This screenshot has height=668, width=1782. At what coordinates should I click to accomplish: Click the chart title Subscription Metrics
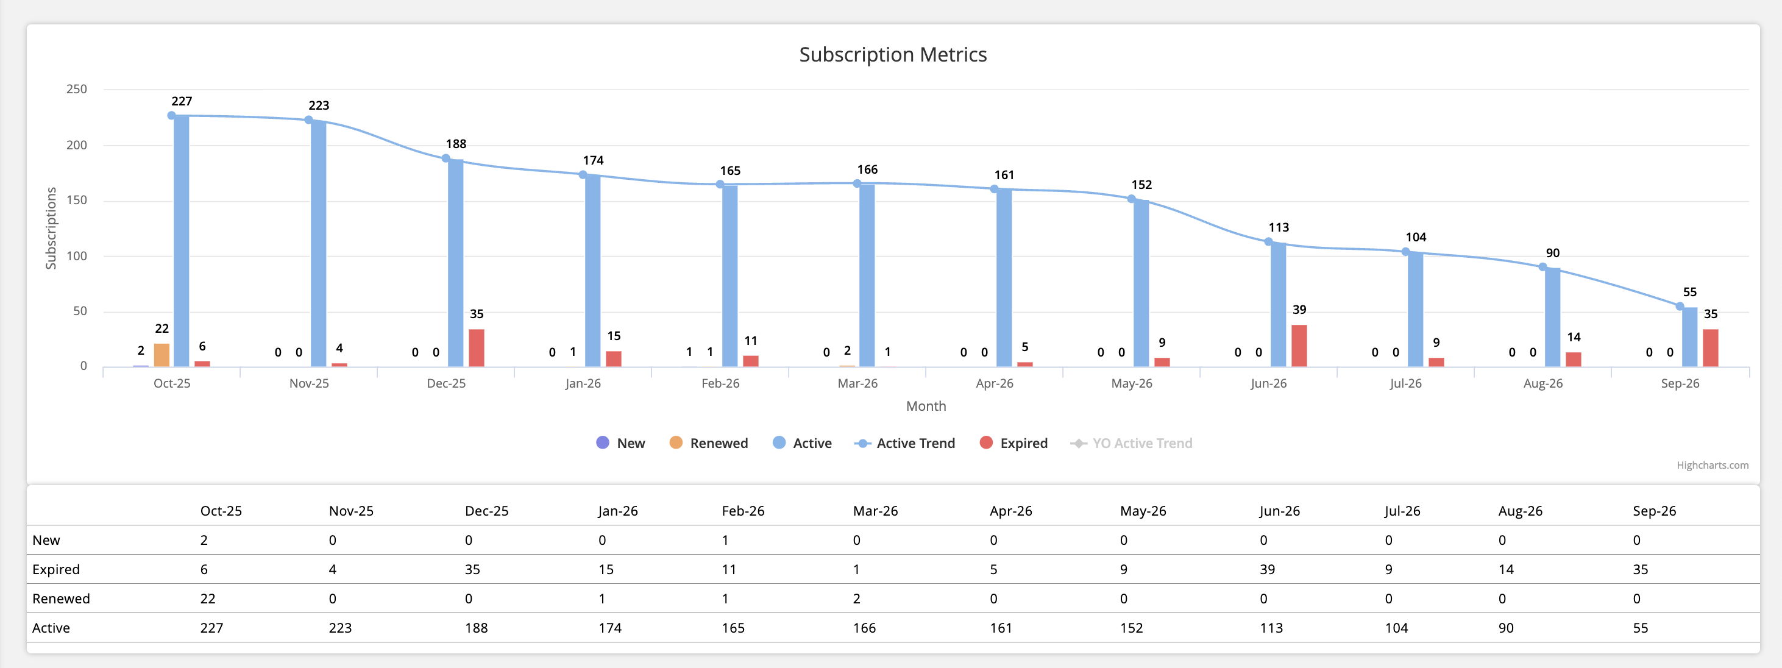click(892, 55)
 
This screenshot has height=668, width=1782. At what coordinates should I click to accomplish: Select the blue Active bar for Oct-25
click(181, 242)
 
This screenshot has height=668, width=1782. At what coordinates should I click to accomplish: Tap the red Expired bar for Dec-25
click(476, 348)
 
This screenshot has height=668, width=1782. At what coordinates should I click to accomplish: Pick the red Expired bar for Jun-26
click(1299, 346)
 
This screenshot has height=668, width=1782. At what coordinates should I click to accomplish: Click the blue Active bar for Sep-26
click(1689, 338)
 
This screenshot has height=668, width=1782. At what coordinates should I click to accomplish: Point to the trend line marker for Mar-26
click(857, 184)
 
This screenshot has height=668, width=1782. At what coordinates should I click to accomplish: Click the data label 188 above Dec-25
click(456, 144)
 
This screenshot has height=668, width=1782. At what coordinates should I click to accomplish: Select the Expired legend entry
click(1013, 443)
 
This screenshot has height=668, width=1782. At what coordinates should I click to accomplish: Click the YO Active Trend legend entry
click(1132, 443)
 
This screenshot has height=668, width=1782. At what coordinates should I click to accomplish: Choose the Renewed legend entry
click(709, 443)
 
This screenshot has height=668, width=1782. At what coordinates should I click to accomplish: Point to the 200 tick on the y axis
click(77, 145)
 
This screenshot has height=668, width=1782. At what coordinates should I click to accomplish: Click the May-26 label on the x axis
click(1131, 384)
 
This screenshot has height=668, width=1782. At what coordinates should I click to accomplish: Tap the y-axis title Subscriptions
click(51, 228)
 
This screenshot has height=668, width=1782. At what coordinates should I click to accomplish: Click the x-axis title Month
click(926, 407)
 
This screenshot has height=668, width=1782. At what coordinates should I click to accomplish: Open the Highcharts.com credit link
click(1711, 466)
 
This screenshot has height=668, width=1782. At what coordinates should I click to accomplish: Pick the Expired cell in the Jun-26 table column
click(1266, 570)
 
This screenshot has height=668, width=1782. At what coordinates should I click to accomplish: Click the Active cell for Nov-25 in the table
click(339, 628)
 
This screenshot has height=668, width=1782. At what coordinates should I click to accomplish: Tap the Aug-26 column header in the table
click(1520, 511)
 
